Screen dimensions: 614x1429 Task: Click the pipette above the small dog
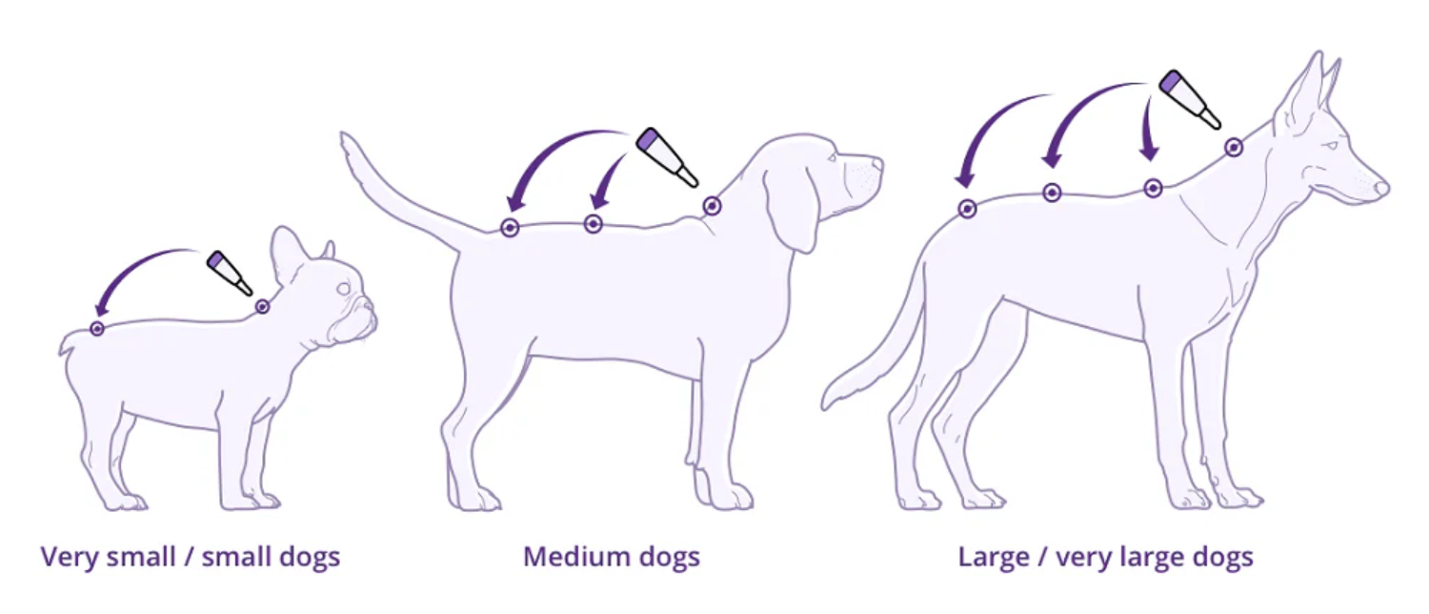click(230, 273)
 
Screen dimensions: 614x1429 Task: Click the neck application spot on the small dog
click(262, 307)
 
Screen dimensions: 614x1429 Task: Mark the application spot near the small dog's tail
click(97, 329)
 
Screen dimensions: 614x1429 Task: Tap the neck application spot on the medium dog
click(712, 205)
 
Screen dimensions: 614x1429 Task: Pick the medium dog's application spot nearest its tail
click(510, 228)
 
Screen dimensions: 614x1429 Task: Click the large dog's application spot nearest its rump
click(967, 209)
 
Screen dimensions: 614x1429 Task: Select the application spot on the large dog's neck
click(1234, 148)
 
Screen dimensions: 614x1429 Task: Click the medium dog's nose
click(877, 164)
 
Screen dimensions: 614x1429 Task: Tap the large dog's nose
click(1382, 188)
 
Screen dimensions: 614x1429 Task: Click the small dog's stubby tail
click(68, 344)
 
